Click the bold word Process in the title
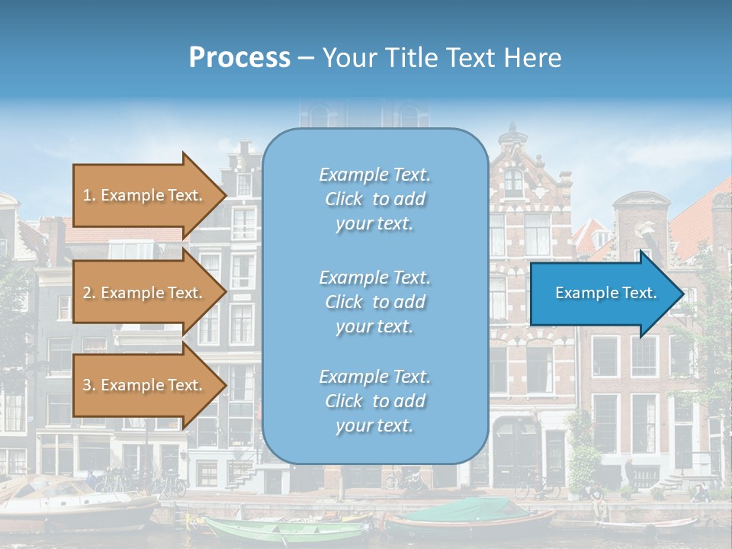(x=239, y=58)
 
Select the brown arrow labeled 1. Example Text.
(x=145, y=195)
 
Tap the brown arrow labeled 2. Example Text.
(x=145, y=293)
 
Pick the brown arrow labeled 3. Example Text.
(x=145, y=385)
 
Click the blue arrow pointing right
(x=602, y=294)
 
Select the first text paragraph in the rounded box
(x=374, y=199)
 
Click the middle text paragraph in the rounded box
(x=374, y=302)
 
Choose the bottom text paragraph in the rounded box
(x=374, y=401)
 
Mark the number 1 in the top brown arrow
(x=87, y=195)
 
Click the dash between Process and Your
(x=307, y=58)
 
